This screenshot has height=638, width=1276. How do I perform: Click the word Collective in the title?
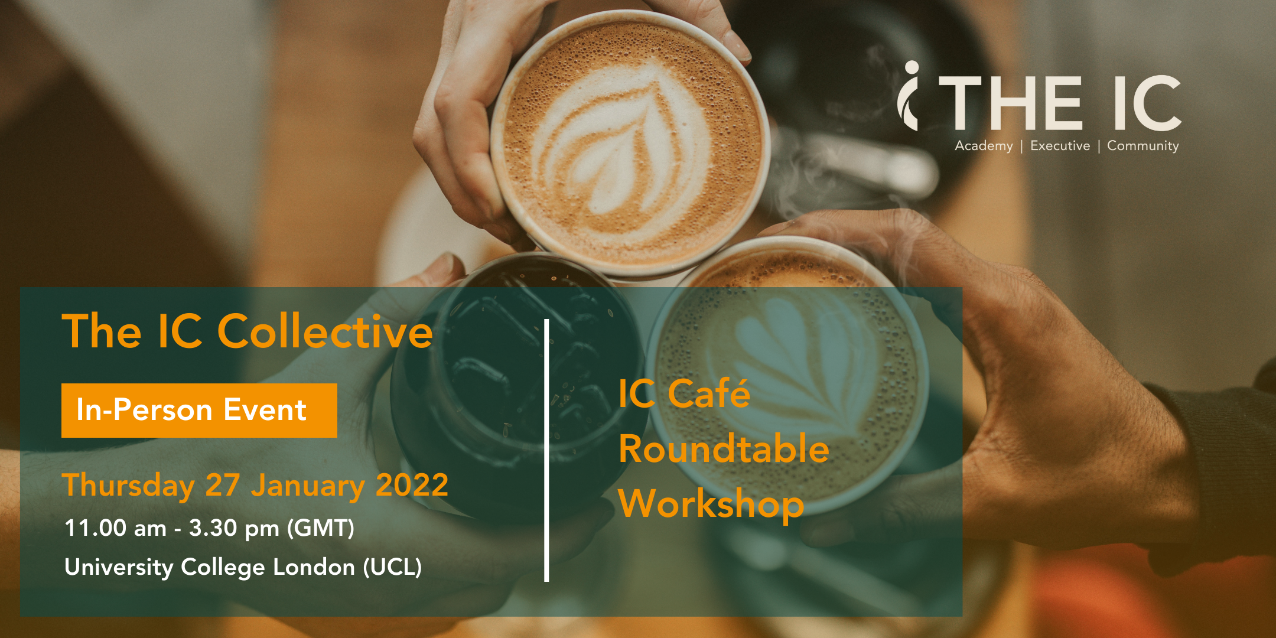click(325, 331)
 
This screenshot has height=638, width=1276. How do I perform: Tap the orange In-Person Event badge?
click(199, 411)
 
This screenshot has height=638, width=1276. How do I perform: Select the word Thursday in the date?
click(128, 486)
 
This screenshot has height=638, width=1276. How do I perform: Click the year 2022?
click(412, 485)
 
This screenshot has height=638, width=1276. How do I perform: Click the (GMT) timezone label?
click(321, 528)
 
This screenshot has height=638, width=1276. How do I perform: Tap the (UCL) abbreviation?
click(392, 567)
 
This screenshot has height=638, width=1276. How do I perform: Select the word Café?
click(709, 393)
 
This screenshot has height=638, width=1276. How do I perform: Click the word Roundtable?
click(724, 448)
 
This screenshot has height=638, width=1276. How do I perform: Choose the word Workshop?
click(711, 504)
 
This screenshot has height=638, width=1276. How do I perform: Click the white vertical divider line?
click(546, 450)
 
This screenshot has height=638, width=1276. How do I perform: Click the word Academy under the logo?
click(984, 146)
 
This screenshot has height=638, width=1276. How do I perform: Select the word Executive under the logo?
click(1060, 146)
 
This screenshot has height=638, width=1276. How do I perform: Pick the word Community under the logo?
click(1143, 146)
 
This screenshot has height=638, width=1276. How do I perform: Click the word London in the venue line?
click(314, 567)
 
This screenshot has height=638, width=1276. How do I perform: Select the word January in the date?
click(308, 486)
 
